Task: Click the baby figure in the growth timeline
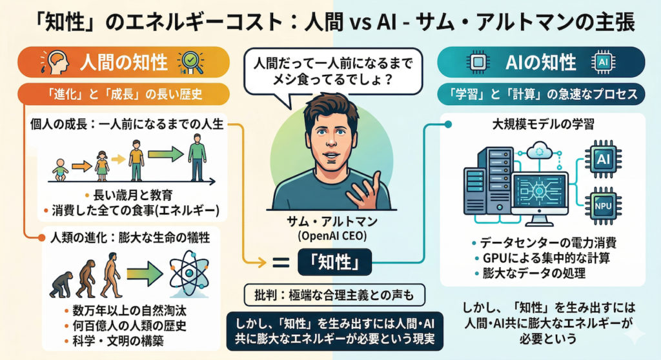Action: coord(60,170)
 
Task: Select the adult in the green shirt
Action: coord(197,161)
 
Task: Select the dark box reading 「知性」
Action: coord(334,263)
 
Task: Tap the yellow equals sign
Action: coord(279,263)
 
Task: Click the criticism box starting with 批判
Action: coord(334,296)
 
